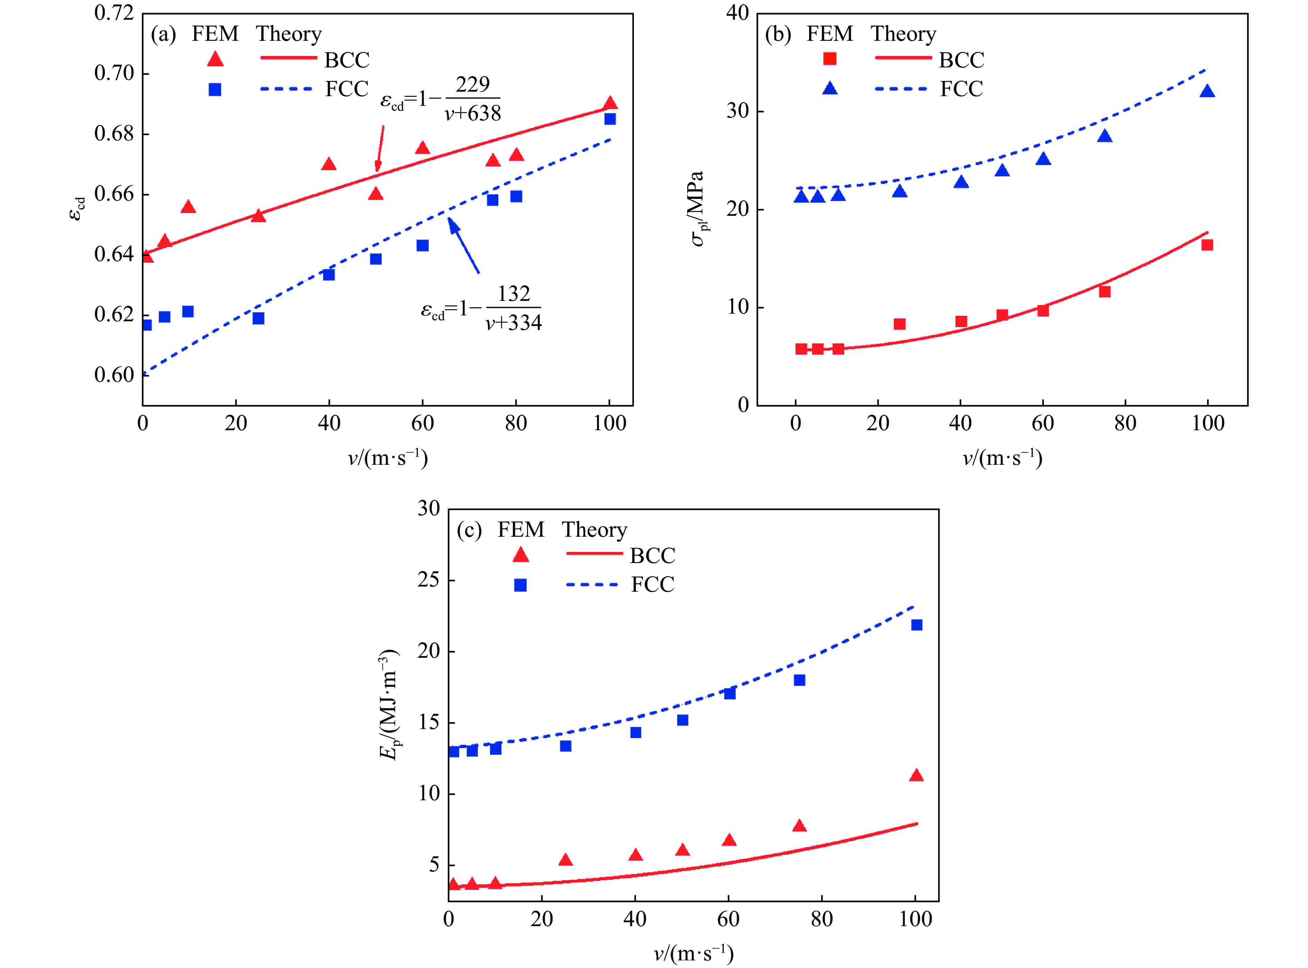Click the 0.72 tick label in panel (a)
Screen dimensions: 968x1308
[x=114, y=13]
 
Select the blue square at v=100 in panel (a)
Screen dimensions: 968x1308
[x=610, y=119]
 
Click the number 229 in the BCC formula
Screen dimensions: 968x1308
[x=473, y=85]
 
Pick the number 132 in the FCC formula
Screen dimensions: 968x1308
[x=514, y=294]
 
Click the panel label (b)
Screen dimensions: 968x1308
[x=778, y=34]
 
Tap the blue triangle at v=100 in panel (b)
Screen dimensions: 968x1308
[x=1207, y=91]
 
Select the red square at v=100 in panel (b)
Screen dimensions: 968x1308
[x=1207, y=245]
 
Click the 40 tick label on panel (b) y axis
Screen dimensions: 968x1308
[x=737, y=13]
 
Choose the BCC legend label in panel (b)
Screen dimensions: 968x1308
[x=962, y=60]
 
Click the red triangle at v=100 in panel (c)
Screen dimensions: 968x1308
[x=916, y=776]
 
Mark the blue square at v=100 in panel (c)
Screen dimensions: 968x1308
[x=916, y=625]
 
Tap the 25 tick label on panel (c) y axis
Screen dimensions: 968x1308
[x=429, y=580]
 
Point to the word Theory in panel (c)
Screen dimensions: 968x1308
[x=594, y=530]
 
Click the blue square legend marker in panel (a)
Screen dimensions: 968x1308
[x=215, y=90]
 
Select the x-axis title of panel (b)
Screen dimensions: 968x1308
[x=1002, y=458]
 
